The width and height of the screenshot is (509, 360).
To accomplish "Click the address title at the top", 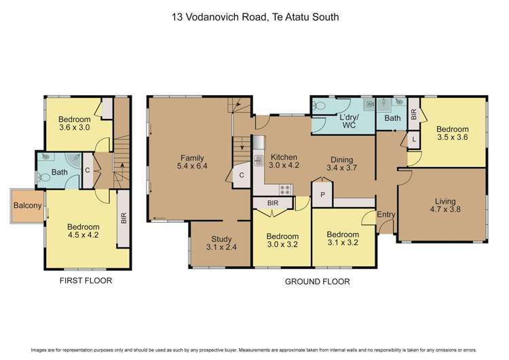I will coord(254,20).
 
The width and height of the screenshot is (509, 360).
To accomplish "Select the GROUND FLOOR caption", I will coord(317,281).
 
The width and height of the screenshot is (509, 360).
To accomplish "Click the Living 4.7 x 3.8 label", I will coord(442,205).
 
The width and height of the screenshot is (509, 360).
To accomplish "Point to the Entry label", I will coord(386,215).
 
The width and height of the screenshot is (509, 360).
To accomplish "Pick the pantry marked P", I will coord(321,194).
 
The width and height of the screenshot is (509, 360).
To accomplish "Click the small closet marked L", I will coord(414,139).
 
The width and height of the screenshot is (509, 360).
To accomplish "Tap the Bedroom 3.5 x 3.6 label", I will coord(452,134).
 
